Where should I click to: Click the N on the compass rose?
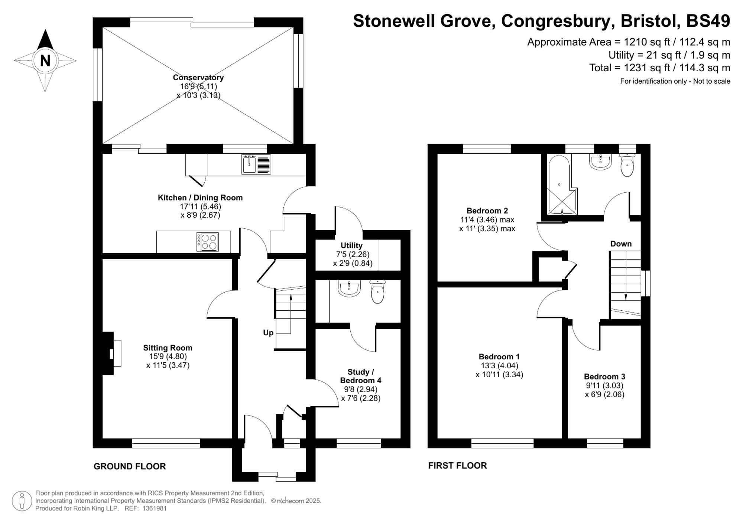[x=45, y=61]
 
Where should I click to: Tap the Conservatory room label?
[x=198, y=78]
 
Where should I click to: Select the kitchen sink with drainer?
[x=256, y=164]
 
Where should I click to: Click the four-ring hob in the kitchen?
[x=208, y=242]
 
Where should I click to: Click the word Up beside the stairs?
[x=268, y=333]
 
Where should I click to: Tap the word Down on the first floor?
[x=621, y=244]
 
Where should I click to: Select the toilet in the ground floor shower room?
[x=378, y=292]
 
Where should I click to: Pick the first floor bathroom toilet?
[x=627, y=165]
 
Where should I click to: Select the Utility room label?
[x=351, y=245]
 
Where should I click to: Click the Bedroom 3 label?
[x=604, y=376]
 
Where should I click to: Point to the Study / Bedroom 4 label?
[x=361, y=376]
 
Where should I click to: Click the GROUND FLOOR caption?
[x=130, y=466]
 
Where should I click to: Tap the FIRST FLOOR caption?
[x=457, y=466]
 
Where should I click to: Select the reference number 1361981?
[x=155, y=509]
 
